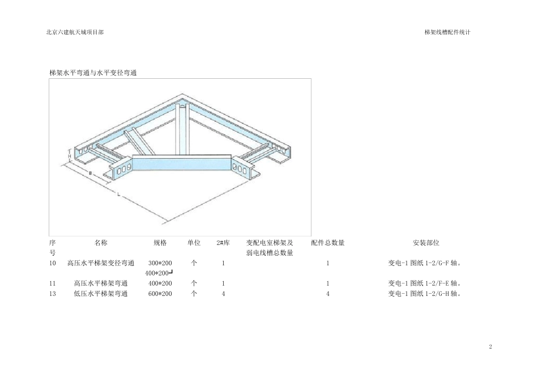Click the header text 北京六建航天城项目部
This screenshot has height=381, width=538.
tap(75, 32)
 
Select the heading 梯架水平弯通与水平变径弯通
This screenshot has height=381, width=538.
tap(93, 73)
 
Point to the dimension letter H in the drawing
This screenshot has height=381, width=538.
tap(70, 155)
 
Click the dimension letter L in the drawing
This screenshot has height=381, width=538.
tap(118, 195)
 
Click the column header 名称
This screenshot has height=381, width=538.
tap(101, 243)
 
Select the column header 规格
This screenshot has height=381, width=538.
tap(160, 243)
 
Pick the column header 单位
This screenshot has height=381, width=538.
tap(194, 243)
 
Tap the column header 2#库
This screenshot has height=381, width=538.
tap(223, 243)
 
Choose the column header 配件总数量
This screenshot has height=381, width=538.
tap(328, 243)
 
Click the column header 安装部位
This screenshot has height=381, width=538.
tap(426, 243)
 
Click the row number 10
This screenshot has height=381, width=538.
tap(53, 263)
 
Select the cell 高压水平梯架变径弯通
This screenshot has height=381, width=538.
tap(101, 263)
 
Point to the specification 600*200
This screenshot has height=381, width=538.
tap(160, 294)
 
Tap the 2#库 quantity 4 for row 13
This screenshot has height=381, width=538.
tap(224, 294)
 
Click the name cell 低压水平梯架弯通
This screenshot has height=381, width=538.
tap(101, 294)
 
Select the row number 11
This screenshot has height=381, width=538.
tap(53, 283)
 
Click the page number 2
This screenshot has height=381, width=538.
tap(490, 346)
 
